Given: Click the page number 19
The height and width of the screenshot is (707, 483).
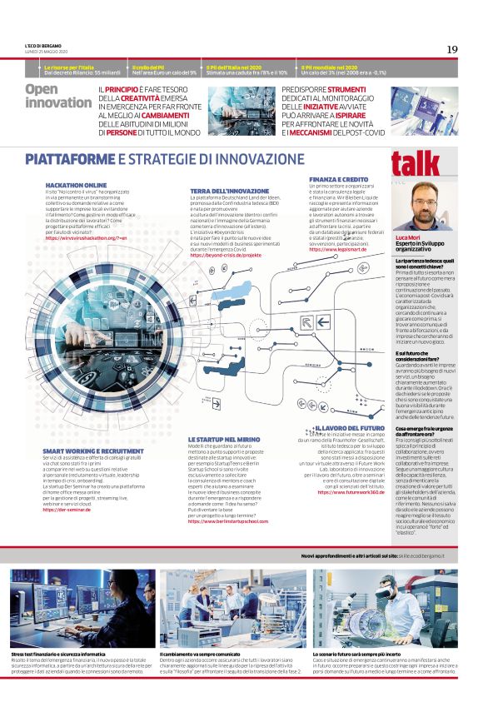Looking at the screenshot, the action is coord(451,49).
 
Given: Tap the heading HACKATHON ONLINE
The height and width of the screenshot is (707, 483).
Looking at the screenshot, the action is coord(76,185).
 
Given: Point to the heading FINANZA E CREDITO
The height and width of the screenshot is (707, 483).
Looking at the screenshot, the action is coord(339,179).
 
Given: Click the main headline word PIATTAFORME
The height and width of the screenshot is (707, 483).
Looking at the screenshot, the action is coord(73,158).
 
